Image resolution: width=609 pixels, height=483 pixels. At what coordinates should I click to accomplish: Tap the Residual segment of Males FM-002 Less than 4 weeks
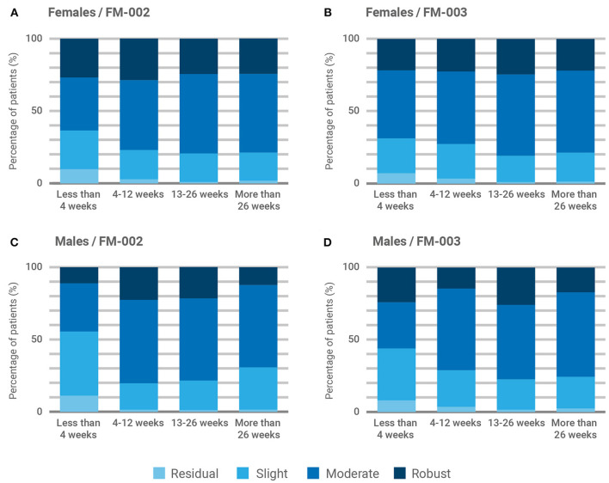click(79, 403)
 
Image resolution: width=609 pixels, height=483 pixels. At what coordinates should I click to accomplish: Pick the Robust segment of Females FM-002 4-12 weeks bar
click(138, 59)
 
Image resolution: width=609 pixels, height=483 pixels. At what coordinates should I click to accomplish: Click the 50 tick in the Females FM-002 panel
click(41, 111)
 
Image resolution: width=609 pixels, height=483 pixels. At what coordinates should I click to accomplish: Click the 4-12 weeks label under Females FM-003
click(455, 195)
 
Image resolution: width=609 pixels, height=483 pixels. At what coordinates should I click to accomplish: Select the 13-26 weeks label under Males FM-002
click(198, 424)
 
